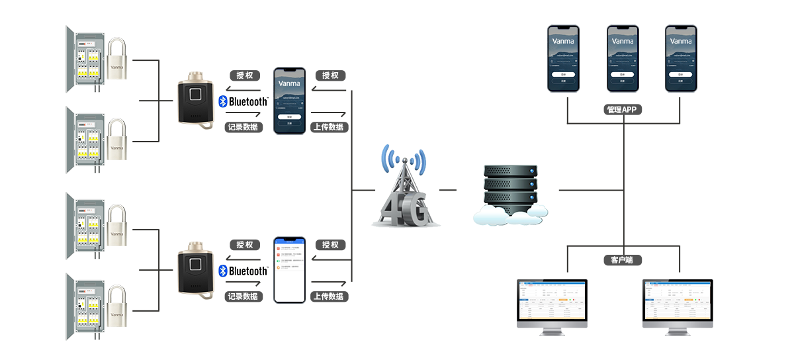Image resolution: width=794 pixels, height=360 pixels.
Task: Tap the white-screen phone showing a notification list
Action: coord(290,270)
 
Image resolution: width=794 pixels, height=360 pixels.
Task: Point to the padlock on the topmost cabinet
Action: coord(117,61)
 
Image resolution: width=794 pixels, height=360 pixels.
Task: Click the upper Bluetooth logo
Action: coord(243,101)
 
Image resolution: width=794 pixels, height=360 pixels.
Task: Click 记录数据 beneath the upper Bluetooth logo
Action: coord(243,127)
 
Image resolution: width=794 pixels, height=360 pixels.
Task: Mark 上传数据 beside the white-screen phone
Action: coord(329,296)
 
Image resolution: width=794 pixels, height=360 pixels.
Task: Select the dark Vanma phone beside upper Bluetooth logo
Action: coord(289,101)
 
